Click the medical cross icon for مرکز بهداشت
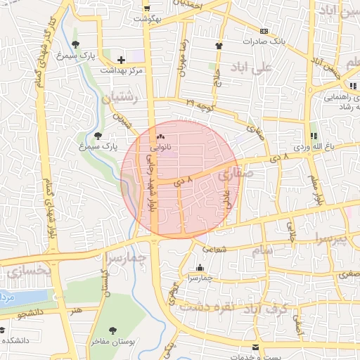click(122, 60)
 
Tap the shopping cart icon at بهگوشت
click(146, 8)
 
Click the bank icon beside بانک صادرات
click(264, 31)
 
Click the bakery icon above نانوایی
click(161, 137)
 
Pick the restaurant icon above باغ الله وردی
click(314, 135)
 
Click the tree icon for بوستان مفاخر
click(112, 330)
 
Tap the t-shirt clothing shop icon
click(218, 46)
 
